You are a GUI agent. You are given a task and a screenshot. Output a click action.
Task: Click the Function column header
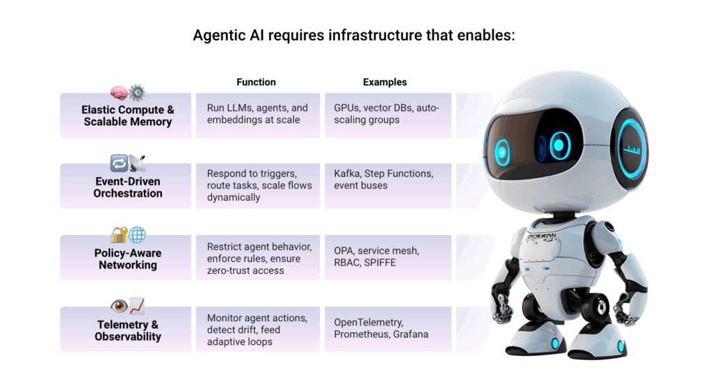(x=256, y=82)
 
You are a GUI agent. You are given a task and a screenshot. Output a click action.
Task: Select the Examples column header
(x=385, y=82)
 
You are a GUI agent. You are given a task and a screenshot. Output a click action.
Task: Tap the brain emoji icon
(x=119, y=92)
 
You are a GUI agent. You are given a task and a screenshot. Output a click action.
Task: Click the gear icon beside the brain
(x=137, y=92)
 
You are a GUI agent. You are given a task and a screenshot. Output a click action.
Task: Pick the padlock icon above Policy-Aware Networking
(x=119, y=235)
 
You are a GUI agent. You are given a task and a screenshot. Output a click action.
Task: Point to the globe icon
(x=137, y=235)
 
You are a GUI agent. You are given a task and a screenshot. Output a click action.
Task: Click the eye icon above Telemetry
(x=119, y=307)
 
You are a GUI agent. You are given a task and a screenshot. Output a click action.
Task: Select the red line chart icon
(x=137, y=307)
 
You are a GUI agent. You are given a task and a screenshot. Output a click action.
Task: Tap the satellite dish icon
(x=137, y=163)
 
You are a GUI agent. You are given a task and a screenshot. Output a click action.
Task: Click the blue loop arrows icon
(x=119, y=163)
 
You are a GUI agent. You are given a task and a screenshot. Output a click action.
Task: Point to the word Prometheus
(x=362, y=334)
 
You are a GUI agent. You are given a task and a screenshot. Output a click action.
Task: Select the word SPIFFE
(x=380, y=263)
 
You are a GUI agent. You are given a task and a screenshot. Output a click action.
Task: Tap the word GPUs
(x=346, y=108)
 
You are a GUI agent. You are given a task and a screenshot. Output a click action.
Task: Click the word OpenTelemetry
(x=369, y=323)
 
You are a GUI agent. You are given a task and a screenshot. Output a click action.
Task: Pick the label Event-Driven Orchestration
(x=128, y=188)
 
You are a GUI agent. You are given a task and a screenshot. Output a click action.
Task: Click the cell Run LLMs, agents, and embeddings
(x=257, y=114)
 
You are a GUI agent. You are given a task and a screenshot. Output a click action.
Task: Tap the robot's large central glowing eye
(x=560, y=145)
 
